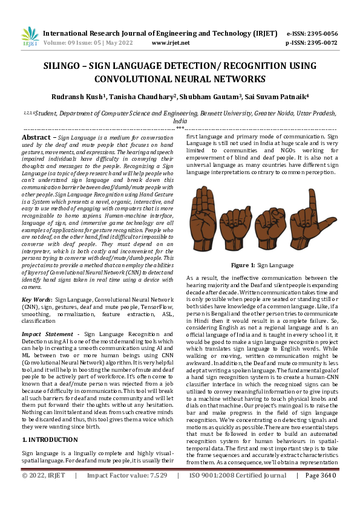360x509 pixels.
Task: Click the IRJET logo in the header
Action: coord(30,37)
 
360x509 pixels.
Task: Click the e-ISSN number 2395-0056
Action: coord(322,34)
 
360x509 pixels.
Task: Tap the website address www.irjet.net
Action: coord(171,43)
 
